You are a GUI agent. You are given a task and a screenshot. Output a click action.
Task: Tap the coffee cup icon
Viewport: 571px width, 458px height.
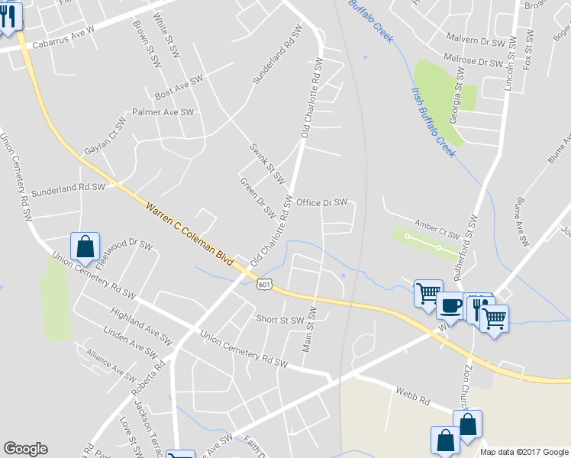click(450, 305)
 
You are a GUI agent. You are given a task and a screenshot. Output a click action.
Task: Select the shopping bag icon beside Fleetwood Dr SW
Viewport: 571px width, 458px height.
click(85, 247)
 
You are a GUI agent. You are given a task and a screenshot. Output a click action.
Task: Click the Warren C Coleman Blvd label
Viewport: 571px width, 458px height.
click(189, 233)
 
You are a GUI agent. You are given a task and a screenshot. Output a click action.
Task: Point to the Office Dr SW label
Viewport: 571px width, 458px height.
click(321, 202)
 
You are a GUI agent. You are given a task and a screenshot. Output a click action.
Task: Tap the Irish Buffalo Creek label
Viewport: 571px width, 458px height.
click(433, 122)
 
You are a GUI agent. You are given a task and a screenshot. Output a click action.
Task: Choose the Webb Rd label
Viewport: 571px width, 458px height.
click(413, 396)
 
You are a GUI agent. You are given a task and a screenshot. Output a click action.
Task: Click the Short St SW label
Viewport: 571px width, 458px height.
click(280, 319)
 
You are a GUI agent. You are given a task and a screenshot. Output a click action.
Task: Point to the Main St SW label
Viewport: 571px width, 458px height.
click(311, 328)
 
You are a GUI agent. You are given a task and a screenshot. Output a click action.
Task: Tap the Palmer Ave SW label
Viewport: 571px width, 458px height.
click(163, 112)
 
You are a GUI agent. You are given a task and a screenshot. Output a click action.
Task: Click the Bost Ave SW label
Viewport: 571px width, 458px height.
click(179, 87)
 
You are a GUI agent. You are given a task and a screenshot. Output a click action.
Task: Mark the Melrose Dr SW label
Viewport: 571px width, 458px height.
click(473, 61)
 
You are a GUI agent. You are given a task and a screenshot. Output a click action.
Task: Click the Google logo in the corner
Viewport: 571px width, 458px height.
click(25, 449)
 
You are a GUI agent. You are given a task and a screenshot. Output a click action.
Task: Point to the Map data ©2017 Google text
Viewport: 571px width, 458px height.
click(524, 452)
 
